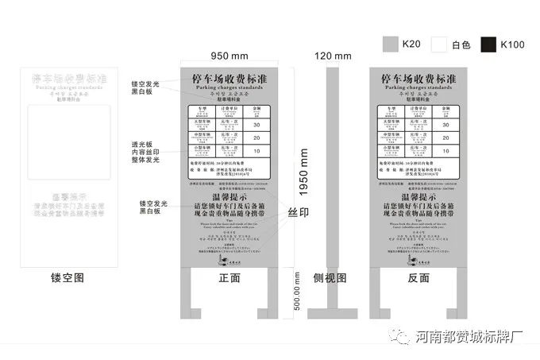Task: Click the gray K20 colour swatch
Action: pyautogui.click(x=389, y=44)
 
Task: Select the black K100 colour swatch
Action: pyautogui.click(x=488, y=44)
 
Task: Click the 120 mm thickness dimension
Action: pyautogui.click(x=332, y=56)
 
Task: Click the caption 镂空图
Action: pyautogui.click(x=67, y=278)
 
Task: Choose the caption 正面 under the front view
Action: pyautogui.click(x=229, y=278)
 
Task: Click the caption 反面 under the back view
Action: pyautogui.click(x=418, y=278)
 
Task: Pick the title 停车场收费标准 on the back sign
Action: pyautogui.click(x=418, y=80)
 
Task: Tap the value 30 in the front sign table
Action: pyautogui.click(x=256, y=125)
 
